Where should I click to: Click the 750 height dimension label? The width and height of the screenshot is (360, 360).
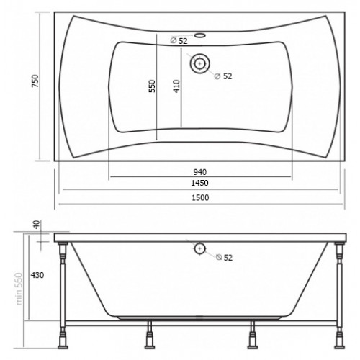tap(35, 81)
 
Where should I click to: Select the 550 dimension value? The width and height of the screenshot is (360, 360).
tap(152, 86)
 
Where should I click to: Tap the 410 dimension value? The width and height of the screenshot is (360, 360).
tap(176, 86)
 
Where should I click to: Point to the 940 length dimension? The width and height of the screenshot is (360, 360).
tap(200, 172)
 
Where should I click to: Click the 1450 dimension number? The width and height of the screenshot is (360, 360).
tap(199, 183)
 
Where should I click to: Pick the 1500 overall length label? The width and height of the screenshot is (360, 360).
tap(200, 197)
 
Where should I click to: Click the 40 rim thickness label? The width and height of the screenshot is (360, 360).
tap(37, 225)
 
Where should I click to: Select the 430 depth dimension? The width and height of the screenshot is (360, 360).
tap(37, 275)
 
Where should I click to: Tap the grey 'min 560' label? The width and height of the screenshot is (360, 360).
tap(19, 289)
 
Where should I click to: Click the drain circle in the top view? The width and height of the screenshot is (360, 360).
tap(199, 63)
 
